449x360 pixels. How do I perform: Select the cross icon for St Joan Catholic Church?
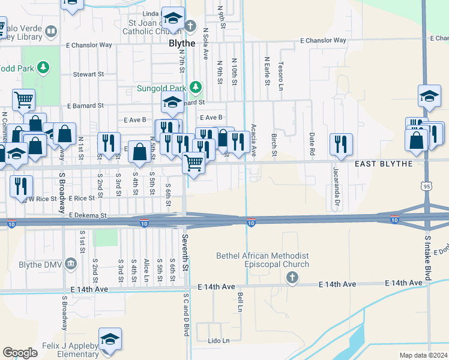(190, 26)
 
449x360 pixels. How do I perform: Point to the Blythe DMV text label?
(38, 264)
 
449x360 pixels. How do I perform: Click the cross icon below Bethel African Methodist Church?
(292, 277)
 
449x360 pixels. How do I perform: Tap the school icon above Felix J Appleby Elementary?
(110, 339)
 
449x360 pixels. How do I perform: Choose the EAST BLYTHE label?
(383, 164)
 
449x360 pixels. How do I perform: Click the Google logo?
(20, 353)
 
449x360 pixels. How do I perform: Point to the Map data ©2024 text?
(423, 355)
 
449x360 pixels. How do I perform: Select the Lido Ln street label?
(218, 341)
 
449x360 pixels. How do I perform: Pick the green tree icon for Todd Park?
(43, 67)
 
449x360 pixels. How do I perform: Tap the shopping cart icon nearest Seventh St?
(193, 162)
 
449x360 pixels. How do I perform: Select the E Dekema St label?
(88, 215)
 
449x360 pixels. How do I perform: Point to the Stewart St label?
(89, 74)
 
